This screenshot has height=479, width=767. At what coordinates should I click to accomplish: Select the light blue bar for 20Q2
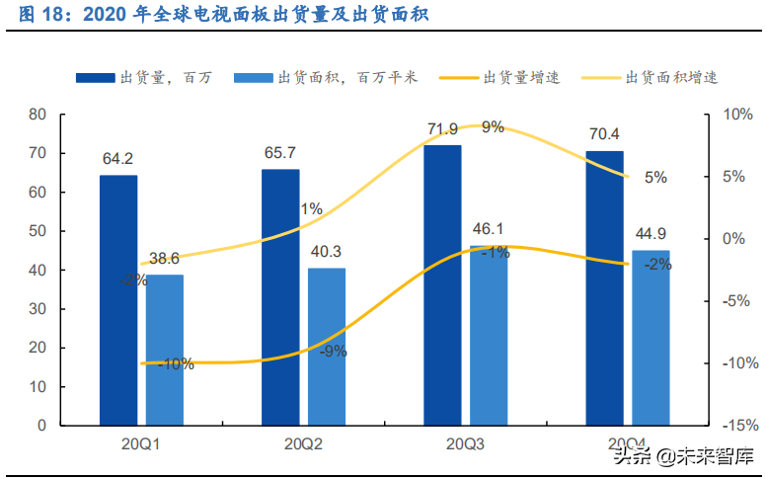[327, 347]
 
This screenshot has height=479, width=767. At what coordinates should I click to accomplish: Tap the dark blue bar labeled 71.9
[442, 285]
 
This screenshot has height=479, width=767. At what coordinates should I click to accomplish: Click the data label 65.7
[280, 153]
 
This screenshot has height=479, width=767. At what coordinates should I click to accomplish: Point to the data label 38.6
[165, 260]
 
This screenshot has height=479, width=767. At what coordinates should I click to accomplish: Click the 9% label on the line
[493, 126]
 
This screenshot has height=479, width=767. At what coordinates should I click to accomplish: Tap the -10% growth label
[175, 363]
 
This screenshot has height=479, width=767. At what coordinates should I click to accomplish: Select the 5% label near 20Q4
[655, 178]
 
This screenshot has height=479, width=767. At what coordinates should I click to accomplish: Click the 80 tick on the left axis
[38, 115]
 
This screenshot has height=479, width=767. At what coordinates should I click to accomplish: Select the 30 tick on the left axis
[38, 309]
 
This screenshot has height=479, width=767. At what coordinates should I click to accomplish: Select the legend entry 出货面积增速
[671, 77]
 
